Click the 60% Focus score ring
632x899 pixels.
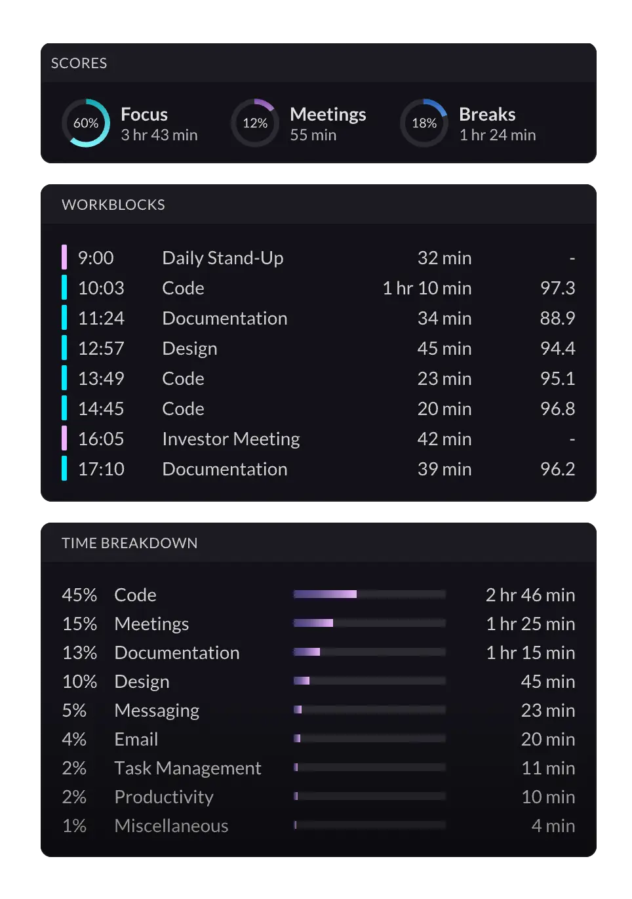pos(86,123)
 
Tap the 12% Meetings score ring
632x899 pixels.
pos(255,123)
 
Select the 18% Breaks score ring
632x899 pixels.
pos(424,123)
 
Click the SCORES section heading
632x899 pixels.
pos(79,63)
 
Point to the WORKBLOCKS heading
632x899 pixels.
pos(113,205)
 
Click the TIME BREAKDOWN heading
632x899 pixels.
pos(130,543)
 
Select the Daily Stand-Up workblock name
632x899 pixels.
pos(223,258)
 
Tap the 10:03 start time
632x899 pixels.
pos(101,288)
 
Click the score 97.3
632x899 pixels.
pos(557,288)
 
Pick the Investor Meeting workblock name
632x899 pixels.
pos(231,439)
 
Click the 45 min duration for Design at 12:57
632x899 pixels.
pos(444,348)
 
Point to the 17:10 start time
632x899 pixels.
pos(101,469)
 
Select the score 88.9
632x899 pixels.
pos(557,318)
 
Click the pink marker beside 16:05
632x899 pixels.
pos(64,439)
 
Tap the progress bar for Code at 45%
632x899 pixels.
pos(370,594)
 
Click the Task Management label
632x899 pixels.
pos(188,768)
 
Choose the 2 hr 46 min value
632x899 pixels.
pos(530,595)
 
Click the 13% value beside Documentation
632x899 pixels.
pos(79,652)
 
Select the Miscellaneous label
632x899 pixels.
pos(171,826)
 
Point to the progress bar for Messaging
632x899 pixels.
pos(370,709)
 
